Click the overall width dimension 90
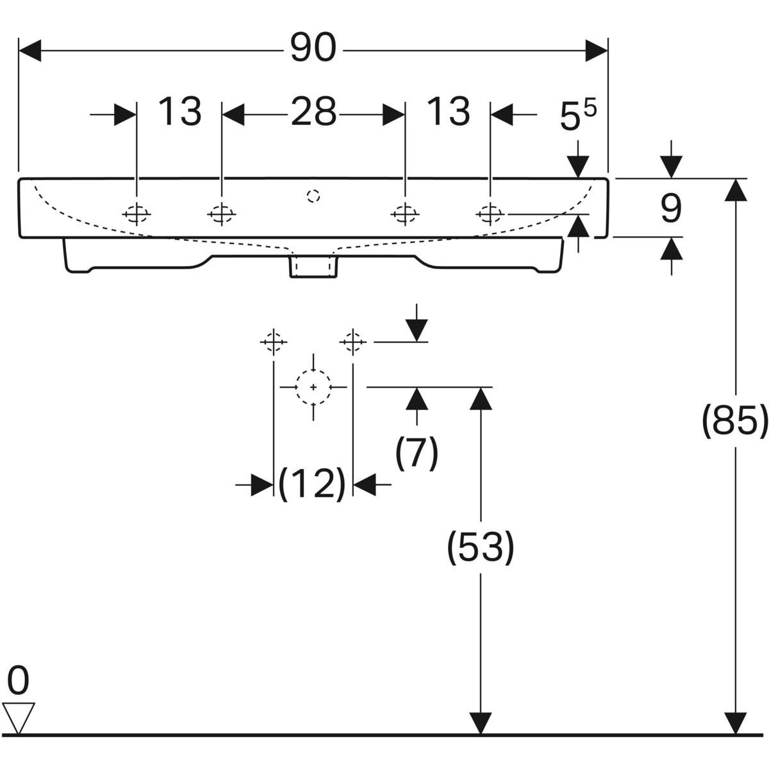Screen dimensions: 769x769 click(x=313, y=48)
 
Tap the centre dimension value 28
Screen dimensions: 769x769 click(x=314, y=112)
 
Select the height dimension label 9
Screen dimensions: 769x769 click(x=671, y=209)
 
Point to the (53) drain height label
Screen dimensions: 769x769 click(x=481, y=547)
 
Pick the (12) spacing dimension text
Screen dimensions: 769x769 click(x=311, y=484)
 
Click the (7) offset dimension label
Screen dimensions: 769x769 click(x=417, y=452)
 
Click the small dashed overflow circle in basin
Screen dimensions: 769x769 click(x=313, y=196)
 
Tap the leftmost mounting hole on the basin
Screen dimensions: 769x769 click(x=136, y=214)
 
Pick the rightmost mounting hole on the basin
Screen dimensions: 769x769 click(x=490, y=214)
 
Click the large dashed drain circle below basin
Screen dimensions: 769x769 click(x=313, y=386)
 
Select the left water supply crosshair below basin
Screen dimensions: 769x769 click(x=274, y=342)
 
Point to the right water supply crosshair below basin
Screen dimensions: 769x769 click(x=352, y=342)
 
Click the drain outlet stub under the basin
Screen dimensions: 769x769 click(x=313, y=267)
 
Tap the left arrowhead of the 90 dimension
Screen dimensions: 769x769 click(x=30, y=51)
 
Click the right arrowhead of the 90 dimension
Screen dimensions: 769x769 click(x=597, y=51)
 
